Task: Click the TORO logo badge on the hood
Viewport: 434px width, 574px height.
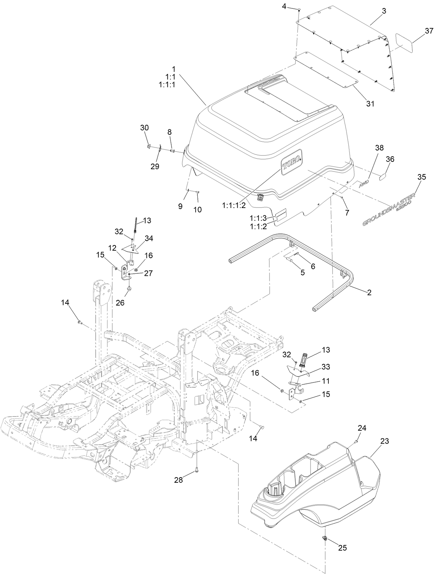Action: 292,163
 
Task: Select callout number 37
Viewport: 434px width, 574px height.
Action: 429,31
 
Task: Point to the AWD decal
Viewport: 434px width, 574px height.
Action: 364,184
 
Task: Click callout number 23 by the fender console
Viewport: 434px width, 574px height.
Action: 384,441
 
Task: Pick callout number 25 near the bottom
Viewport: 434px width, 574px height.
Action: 342,548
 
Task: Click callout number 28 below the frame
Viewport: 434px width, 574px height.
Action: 178,480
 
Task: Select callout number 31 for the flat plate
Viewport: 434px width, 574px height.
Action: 370,103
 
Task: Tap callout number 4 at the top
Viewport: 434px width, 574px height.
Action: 284,6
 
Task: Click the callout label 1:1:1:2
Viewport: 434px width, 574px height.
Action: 234,206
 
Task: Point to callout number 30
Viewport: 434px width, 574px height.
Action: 144,128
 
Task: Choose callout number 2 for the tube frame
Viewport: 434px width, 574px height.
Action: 369,292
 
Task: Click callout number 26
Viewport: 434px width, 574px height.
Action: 120,303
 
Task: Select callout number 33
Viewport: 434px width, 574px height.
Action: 326,367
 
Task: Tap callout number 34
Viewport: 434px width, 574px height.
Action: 149,238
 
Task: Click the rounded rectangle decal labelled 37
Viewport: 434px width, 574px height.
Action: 404,43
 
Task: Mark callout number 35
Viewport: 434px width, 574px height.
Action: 421,177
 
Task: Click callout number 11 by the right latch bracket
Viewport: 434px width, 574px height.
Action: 326,381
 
